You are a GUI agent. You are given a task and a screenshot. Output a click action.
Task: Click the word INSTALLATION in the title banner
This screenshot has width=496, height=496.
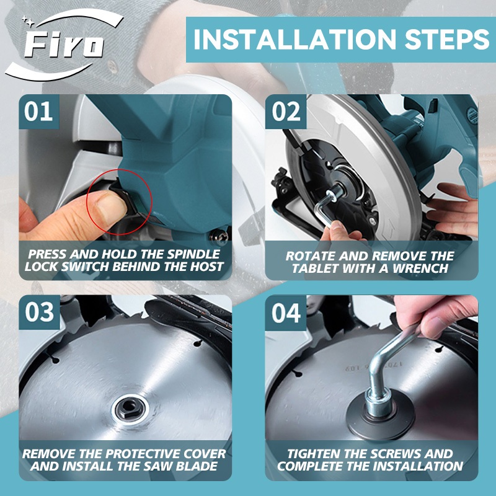(x=294, y=39)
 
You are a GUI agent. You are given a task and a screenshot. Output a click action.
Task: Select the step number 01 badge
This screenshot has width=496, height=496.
(x=38, y=112)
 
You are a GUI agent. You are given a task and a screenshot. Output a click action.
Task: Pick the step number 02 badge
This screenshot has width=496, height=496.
(x=286, y=112)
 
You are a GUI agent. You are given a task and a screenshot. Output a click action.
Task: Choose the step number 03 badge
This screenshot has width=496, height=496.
(x=39, y=312)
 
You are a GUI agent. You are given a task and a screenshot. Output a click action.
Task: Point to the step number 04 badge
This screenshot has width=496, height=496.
(x=286, y=313)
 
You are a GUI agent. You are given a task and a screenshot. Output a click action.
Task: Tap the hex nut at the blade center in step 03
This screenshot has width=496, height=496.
(x=130, y=409)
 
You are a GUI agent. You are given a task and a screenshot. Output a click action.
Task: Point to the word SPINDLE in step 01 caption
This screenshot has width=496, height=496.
(x=193, y=254)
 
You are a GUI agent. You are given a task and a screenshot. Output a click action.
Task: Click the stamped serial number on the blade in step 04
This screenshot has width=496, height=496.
(x=373, y=366)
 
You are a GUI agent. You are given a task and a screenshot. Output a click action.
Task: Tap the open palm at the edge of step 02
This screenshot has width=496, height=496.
(x=454, y=209)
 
